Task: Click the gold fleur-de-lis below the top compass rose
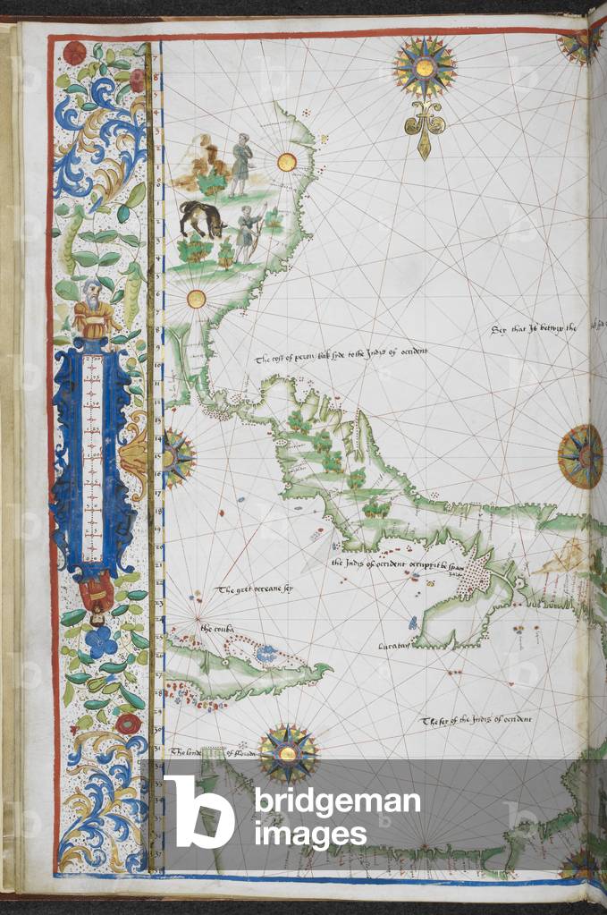coord(424,130)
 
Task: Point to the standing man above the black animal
coord(240,163)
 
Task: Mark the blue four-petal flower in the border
coord(101,641)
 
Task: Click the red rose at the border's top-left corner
coord(76,53)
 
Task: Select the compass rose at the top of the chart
coord(424,67)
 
